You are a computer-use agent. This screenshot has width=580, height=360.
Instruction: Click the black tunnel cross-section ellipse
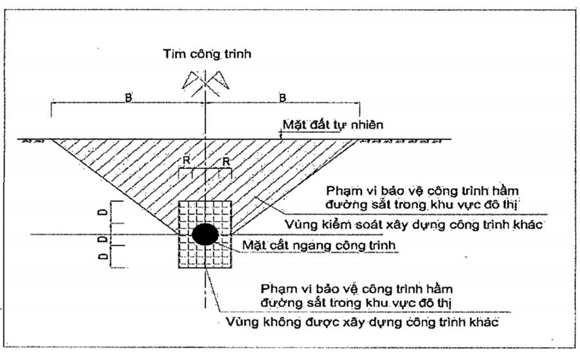(x=205, y=234)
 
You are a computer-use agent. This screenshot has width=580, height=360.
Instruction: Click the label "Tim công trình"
(x=207, y=54)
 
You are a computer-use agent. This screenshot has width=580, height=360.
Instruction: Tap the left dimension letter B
(x=129, y=98)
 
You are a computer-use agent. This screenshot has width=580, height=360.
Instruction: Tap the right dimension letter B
(x=282, y=98)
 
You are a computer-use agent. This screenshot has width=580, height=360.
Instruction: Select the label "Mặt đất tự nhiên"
(x=333, y=125)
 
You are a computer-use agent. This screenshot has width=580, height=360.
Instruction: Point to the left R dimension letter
(x=186, y=161)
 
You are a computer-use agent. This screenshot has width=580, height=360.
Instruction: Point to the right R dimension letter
(x=226, y=162)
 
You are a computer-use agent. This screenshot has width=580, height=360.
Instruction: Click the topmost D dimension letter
(x=104, y=212)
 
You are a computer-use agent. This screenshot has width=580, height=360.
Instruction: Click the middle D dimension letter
(x=104, y=239)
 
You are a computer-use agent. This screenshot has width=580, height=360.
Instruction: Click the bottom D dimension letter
(x=104, y=256)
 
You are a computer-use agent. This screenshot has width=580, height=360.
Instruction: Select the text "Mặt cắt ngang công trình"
(x=319, y=246)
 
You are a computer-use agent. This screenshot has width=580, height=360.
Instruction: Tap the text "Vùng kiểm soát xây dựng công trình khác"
(x=414, y=224)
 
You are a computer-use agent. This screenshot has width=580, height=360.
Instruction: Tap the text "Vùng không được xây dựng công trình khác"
(x=362, y=322)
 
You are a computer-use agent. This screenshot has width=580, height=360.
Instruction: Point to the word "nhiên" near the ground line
(x=366, y=125)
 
